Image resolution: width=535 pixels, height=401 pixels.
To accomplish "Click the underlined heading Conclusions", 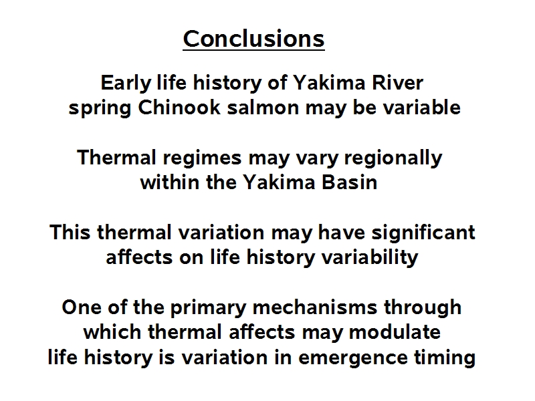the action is (253, 39).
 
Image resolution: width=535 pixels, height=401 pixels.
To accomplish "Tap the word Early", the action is (126, 83).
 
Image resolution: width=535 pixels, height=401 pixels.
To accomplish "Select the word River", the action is (397, 83).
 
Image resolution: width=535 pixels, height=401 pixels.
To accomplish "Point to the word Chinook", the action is (179, 108).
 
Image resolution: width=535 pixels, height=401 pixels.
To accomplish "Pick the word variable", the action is (422, 108).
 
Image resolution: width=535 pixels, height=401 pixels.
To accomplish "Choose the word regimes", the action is (202, 158).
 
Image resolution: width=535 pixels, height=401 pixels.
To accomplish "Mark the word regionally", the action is (393, 158).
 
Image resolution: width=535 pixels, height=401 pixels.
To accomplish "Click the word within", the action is (170, 182).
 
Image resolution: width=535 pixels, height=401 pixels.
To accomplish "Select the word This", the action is (70, 233).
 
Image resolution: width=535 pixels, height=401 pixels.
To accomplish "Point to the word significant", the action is (423, 233).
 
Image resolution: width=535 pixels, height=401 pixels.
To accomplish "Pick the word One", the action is (82, 307).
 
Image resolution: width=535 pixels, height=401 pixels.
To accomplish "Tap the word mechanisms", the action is (315, 307).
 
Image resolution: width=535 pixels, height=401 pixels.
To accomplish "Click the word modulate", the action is (395, 332).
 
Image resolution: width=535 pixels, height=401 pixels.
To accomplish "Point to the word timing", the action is (445, 358).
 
